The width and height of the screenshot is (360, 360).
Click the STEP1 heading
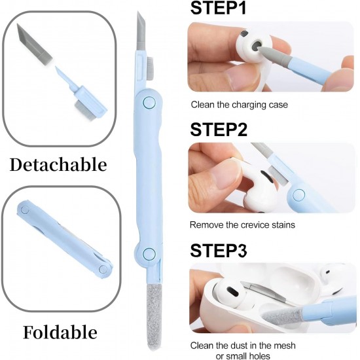[x=218, y=8]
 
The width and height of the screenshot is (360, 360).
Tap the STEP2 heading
[x=219, y=130]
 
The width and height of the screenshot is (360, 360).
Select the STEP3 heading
[x=219, y=251]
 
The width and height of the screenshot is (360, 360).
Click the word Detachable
[x=58, y=164]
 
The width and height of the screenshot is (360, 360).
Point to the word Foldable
[x=60, y=333]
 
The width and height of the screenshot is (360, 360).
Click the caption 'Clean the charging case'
[x=239, y=105]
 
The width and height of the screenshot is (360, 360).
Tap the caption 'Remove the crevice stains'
[x=242, y=225]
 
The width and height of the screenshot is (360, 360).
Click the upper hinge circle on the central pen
[x=149, y=102]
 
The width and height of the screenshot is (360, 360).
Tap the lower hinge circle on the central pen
[x=149, y=254]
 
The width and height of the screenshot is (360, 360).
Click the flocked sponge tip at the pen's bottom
[x=154, y=317]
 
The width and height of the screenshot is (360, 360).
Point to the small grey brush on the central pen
[x=150, y=68]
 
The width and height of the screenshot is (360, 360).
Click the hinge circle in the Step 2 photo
[x=299, y=194]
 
